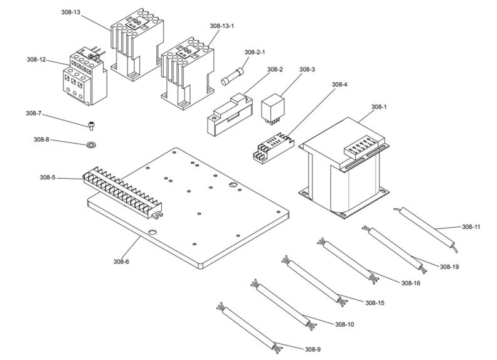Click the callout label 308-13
click(x=71, y=13)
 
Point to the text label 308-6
click(x=121, y=261)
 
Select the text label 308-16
click(x=410, y=283)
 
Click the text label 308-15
click(x=374, y=303)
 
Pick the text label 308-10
click(x=345, y=324)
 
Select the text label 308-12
click(x=36, y=60)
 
